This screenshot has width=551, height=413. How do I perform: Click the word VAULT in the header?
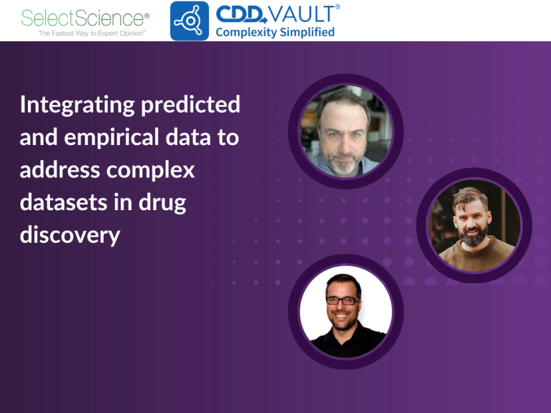pos(303,13)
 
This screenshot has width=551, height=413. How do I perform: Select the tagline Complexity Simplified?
pos(275,32)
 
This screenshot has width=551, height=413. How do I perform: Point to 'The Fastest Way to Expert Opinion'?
pos(92,32)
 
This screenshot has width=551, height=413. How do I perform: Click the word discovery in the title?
pos(70,235)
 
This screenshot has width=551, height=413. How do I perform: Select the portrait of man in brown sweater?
pos(474,225)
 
